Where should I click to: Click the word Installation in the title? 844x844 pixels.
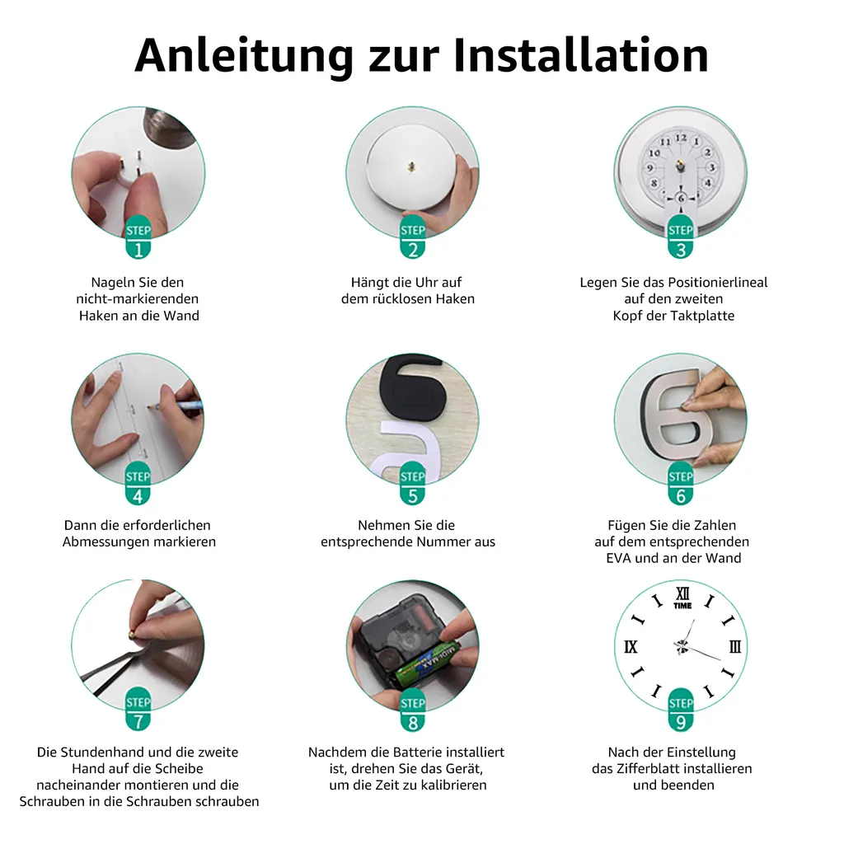(x=581, y=55)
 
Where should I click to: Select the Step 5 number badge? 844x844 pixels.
(x=412, y=484)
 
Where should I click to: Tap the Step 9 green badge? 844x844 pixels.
(x=681, y=710)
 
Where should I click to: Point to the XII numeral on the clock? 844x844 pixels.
(x=682, y=593)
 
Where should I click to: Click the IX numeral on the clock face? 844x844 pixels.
(x=631, y=646)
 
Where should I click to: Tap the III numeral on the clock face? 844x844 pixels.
(x=734, y=646)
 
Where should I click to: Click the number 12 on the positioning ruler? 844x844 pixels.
(x=681, y=138)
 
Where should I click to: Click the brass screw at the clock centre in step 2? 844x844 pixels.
(x=412, y=166)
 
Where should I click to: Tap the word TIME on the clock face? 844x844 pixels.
(x=682, y=606)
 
